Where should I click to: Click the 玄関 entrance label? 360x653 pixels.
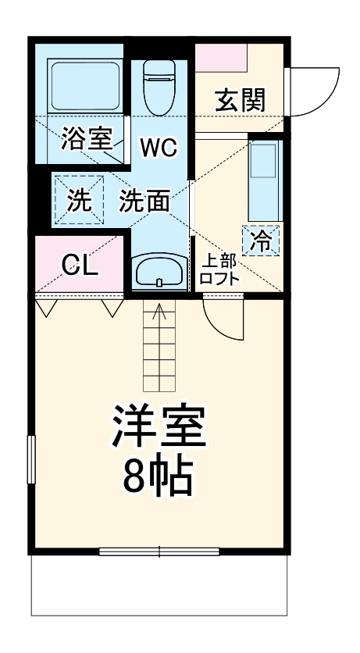(x=240, y=100)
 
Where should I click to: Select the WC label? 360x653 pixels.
(x=159, y=146)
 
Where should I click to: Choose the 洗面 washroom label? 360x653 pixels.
(x=144, y=202)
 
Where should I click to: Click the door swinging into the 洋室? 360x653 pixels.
(x=223, y=319)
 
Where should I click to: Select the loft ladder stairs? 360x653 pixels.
(x=161, y=348)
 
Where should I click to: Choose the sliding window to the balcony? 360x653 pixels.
(x=159, y=552)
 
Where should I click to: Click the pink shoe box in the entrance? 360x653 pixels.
(x=220, y=56)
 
